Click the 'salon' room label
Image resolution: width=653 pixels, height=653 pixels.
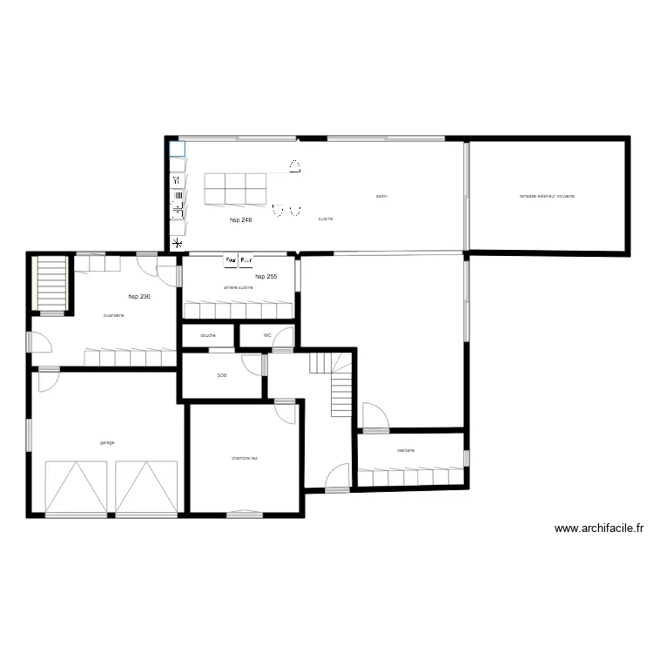coord(381,196)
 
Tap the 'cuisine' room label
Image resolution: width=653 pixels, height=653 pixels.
coord(325,219)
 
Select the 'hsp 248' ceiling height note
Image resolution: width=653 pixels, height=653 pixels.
coord(241,220)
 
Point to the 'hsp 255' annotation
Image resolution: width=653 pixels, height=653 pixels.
coord(266,276)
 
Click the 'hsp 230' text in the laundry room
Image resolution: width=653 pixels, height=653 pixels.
coord(139,297)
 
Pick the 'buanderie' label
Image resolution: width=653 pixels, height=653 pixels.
coord(113,315)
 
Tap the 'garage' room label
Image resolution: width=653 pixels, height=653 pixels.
coord(107,442)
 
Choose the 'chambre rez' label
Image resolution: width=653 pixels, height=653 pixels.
coord(245,458)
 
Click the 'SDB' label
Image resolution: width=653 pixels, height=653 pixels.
coord(222,376)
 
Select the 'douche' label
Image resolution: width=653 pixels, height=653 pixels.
coord(208,335)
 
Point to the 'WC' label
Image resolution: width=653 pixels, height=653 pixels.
coord(267,335)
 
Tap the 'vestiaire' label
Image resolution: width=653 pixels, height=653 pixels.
coord(405,450)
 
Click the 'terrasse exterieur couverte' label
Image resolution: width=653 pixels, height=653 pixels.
coord(547,196)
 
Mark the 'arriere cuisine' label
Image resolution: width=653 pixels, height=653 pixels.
coord(238,287)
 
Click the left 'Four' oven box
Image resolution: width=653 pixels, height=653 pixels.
coord(231,259)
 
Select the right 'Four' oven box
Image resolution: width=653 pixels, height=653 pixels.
coord(246,259)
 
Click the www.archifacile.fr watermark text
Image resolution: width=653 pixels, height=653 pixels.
coord(598,528)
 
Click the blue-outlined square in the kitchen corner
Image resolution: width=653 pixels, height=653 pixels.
coord(177,148)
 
